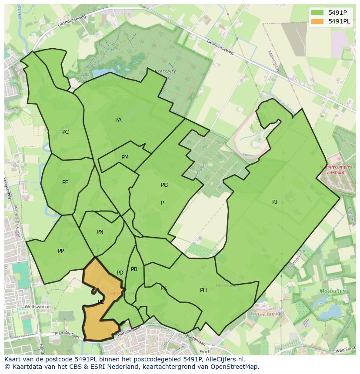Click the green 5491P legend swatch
[x=317, y=13]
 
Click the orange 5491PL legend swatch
[x=317, y=21]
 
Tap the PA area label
[x=118, y=120]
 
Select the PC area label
[x=65, y=132]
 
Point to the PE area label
[x=65, y=182]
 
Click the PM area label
[x=125, y=157]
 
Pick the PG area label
[x=164, y=185]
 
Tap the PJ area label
[x=274, y=202]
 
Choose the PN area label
[x=100, y=232]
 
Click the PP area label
[x=61, y=251]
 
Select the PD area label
[x=120, y=273]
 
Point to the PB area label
[x=134, y=269]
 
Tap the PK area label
[x=163, y=288]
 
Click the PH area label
[x=203, y=290]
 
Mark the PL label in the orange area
[x=100, y=301]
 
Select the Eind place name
[x=204, y=351]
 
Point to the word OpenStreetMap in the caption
[x=235, y=367]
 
